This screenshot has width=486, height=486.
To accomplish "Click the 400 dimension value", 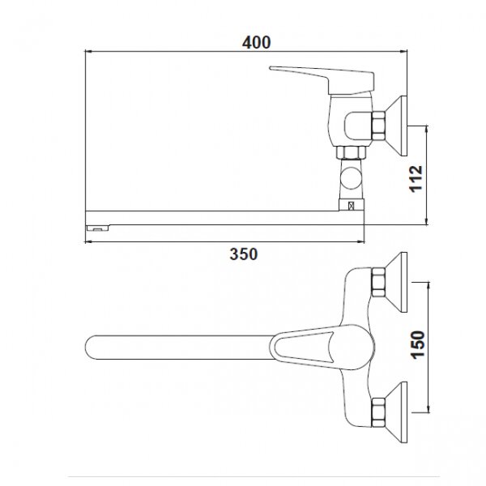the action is (x=256, y=42).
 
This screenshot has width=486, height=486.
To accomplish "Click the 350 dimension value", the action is (x=244, y=254).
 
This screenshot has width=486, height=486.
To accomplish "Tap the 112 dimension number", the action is (x=416, y=179).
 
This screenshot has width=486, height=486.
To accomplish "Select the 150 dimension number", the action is (x=418, y=345).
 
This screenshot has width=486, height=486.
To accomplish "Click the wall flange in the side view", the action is (x=397, y=126).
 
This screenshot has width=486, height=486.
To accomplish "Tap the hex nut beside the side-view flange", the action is (x=378, y=126).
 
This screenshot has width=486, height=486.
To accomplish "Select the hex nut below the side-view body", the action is (x=352, y=152).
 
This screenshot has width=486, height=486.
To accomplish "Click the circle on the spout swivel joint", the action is (x=352, y=178).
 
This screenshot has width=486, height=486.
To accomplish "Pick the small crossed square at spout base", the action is (x=352, y=206).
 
